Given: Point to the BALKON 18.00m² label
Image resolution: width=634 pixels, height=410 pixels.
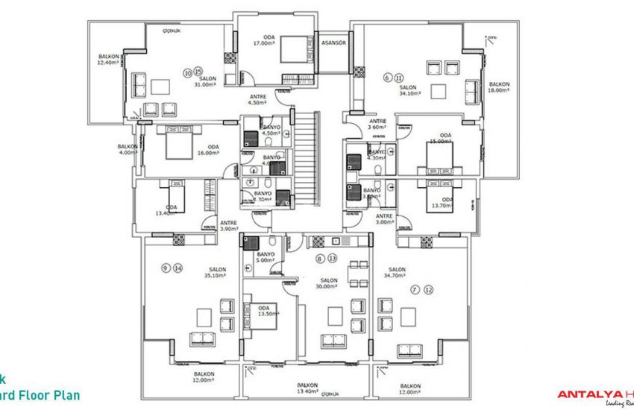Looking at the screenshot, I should point(499,87).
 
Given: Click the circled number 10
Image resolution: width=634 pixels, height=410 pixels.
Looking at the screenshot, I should point(187,73).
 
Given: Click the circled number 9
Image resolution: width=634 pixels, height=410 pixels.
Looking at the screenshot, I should point(165,267).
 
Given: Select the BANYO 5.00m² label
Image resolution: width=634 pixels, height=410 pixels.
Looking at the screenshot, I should point(266,257).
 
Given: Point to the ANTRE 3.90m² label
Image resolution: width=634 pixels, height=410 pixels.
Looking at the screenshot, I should point(228,225).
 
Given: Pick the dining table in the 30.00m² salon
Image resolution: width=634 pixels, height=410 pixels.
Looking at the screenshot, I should point(358,274).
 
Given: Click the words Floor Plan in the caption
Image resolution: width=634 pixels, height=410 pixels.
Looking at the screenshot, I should point(48,395).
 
